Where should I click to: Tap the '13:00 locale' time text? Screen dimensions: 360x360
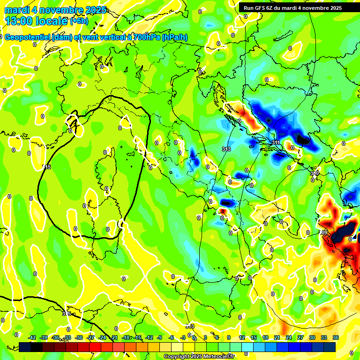point(37,21)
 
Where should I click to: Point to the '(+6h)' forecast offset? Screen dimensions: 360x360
point(81,21)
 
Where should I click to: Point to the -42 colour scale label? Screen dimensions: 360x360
point(32,337)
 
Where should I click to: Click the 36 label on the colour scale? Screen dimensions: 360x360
point(335,337)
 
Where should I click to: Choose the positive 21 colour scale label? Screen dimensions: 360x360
point(277,337)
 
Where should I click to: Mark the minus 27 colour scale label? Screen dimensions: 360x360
point(90,337)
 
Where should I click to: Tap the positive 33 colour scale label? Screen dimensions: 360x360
point(323,337)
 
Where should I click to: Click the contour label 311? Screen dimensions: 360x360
point(275,142)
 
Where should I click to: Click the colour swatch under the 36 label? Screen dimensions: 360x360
point(330,347)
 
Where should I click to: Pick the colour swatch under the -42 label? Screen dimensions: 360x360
point(25,347)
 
